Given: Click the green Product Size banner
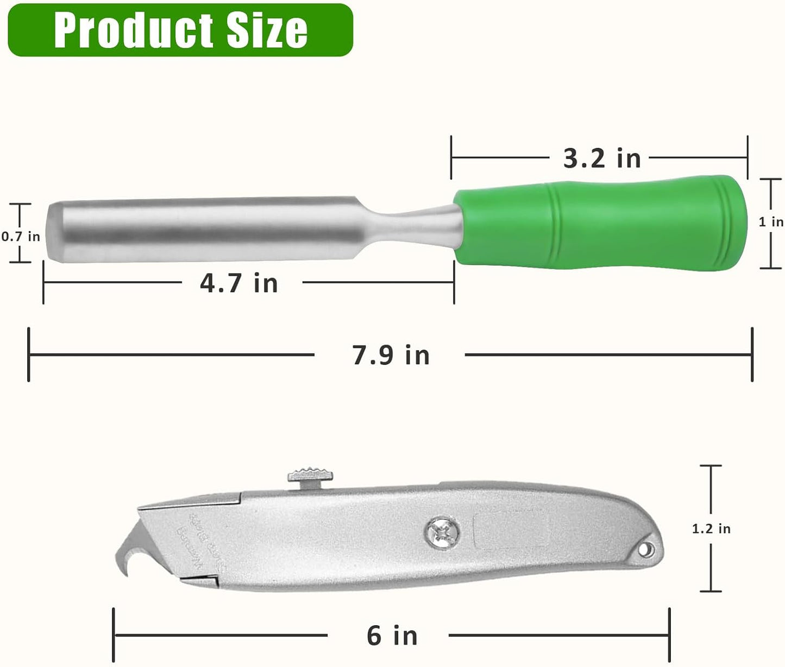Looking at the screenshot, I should tap(180, 29).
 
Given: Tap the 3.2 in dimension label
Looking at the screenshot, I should tap(602, 158).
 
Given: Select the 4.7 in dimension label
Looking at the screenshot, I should tap(239, 283).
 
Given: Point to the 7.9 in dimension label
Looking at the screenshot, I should tap(391, 355).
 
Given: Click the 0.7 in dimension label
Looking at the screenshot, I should tap(21, 236).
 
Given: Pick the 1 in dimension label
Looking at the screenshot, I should tap(771, 222).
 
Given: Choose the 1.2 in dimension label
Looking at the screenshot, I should tap(711, 529).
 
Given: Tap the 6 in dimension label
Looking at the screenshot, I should tap(392, 636).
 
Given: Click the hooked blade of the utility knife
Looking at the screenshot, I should tap(128, 554).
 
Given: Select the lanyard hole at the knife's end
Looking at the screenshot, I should tap(644, 550).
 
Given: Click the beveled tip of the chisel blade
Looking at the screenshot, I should tap(54, 232).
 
